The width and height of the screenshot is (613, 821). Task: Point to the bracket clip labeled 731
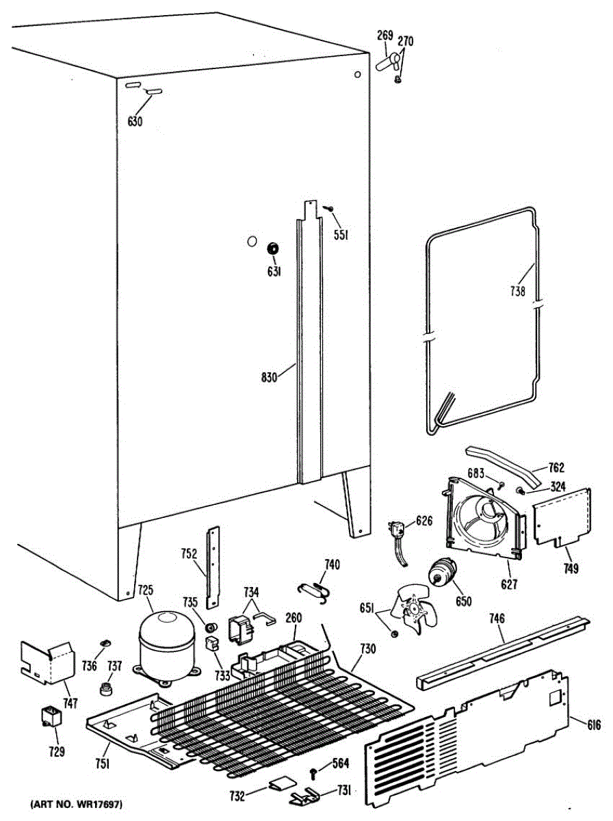[306, 796]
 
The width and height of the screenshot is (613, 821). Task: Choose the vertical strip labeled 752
[213, 566]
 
